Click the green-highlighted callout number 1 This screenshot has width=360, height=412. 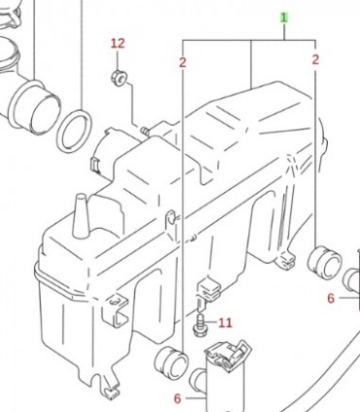point(284,18)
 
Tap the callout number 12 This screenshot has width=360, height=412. point(118,43)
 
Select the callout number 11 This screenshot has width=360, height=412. point(225,322)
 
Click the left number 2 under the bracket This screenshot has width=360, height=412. point(183,62)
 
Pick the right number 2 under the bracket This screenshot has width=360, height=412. point(315,59)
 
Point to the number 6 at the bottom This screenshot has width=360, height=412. point(177,398)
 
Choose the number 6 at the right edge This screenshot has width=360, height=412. point(331,298)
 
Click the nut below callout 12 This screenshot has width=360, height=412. point(119,78)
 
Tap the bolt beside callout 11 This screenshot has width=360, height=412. point(200,324)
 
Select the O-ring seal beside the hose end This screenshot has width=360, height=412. point(74,131)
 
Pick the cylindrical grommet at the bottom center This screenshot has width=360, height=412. point(171,364)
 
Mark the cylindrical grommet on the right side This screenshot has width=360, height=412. point(325,263)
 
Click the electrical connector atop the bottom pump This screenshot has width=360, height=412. point(229,355)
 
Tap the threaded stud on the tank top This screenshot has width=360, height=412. point(145,131)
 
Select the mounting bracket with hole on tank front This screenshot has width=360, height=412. point(116,310)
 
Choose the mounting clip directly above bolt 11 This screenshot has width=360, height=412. point(209,288)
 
